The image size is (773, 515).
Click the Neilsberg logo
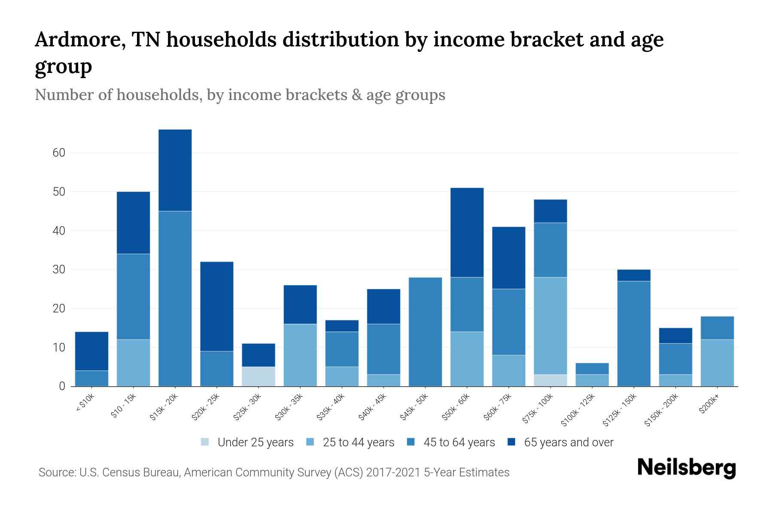pos(686,468)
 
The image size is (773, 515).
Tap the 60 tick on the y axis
pos(59,153)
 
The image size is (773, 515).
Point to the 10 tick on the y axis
pos(59,348)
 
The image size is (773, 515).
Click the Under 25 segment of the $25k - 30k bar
pos(259,376)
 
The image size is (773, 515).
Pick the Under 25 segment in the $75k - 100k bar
pos(551,380)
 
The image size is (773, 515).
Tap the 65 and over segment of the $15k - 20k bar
pos(175,170)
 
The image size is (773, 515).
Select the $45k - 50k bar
pos(426,332)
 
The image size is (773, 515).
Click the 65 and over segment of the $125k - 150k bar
pos(634,275)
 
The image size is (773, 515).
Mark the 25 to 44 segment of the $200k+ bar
pos(717,363)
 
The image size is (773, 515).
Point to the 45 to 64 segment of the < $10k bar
pos(91,378)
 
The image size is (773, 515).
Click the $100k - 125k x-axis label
pos(578,411)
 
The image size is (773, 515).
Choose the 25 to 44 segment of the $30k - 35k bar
pos(300,355)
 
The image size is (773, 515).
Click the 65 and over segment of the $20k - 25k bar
pos(217,306)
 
